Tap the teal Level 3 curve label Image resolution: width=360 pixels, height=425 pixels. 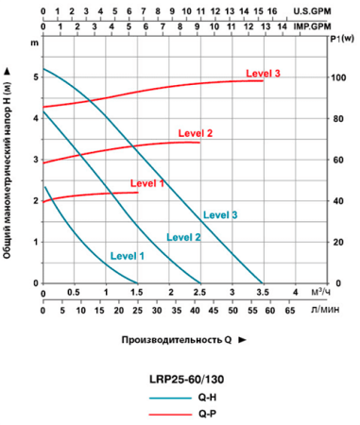point(219,215)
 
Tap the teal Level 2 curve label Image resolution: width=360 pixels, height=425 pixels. point(183,237)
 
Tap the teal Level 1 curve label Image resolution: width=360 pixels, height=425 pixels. point(128,255)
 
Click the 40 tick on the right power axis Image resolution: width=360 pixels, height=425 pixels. point(337,201)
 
